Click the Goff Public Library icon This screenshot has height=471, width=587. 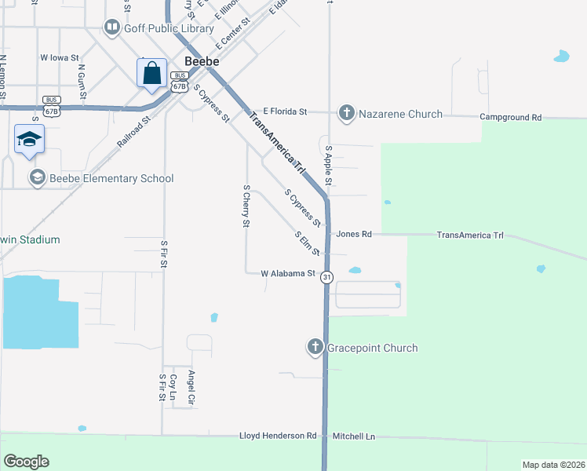click(112, 28)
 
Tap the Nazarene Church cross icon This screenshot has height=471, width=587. click(346, 114)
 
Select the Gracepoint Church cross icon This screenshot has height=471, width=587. click(315, 347)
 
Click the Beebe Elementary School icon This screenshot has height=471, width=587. click(37, 178)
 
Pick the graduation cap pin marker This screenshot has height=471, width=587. click(29, 139)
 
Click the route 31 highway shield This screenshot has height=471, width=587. click(327, 277)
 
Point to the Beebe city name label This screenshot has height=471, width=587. click(200, 60)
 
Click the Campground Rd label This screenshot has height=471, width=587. click(511, 117)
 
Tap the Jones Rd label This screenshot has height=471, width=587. click(353, 234)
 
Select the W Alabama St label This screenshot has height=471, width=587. click(288, 273)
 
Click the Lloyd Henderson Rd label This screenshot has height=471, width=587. click(279, 436)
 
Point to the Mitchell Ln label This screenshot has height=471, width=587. click(354, 436)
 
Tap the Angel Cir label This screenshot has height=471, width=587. click(191, 385)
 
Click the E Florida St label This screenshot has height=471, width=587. click(284, 112)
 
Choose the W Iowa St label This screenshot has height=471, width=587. click(60, 57)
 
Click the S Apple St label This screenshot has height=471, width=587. click(329, 166)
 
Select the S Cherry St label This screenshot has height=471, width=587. click(246, 206)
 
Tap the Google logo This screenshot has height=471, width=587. click(26, 461)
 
